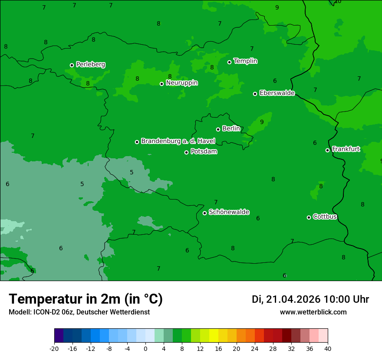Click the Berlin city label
coord(231,129)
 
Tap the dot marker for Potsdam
coord(187,152)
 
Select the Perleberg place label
coord(90,65)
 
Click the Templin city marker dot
coord(230,62)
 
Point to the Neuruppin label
coord(181,83)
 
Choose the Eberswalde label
coord(277,93)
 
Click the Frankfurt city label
coord(346,149)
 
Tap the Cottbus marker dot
coord(309,217)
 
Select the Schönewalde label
coord(229,212)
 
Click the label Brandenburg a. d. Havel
coord(178,141)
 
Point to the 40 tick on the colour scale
coord(327,348)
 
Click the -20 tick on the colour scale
coord(54,348)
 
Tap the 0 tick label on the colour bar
coord(145,348)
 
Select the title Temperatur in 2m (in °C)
coord(86,299)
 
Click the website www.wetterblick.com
coord(313,312)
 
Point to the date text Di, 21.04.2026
coord(286,299)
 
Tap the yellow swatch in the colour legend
coord(214,336)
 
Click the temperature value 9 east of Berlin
coord(262,122)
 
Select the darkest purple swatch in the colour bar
coord(59,336)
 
